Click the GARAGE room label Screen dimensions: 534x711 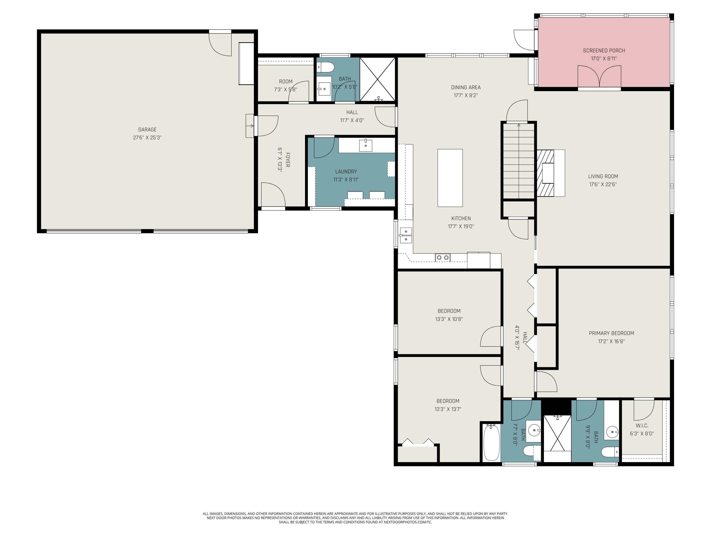(147, 129)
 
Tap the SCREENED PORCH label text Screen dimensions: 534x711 (604, 51)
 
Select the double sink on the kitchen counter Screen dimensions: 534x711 (406, 235)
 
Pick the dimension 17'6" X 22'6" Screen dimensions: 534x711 (603, 184)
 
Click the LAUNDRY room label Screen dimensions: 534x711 (346, 172)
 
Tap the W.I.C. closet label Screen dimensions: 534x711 (642, 426)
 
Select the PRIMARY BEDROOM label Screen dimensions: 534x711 (611, 333)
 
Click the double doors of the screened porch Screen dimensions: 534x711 (599, 77)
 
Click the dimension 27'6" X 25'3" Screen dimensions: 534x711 (147, 137)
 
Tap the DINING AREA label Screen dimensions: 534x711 (466, 87)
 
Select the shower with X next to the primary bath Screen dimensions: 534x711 (557, 433)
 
